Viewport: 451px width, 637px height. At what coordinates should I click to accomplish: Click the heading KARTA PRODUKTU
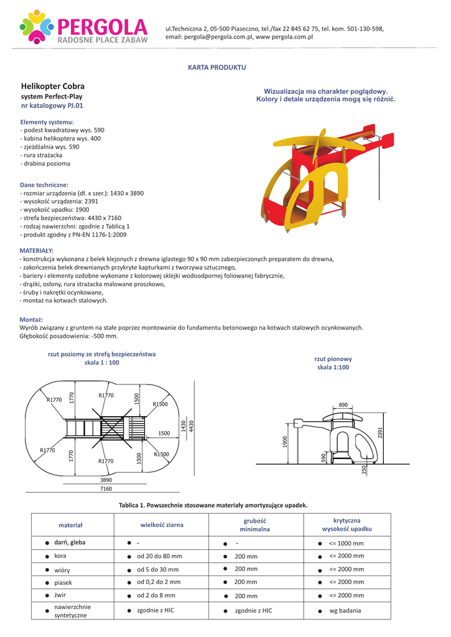pyautogui.click(x=217, y=67)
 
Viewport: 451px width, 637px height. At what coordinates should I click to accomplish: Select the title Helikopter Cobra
pyautogui.click(x=53, y=86)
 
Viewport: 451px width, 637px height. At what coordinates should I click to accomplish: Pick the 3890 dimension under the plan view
pyautogui.click(x=106, y=480)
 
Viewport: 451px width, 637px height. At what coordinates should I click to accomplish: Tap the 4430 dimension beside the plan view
pyautogui.click(x=192, y=426)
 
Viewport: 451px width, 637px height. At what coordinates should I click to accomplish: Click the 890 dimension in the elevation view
pyautogui.click(x=343, y=405)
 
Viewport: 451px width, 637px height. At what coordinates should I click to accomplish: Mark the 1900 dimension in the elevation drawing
pyautogui.click(x=286, y=442)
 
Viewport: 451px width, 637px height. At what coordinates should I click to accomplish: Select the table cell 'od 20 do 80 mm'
pyautogui.click(x=160, y=556)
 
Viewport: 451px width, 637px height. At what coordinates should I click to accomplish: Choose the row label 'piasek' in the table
pyautogui.click(x=63, y=583)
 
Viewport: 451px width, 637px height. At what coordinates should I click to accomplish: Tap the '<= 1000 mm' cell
pyautogui.click(x=346, y=542)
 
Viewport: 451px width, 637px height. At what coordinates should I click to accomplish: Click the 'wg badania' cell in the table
pyautogui.click(x=345, y=611)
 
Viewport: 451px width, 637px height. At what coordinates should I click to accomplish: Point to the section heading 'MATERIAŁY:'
pyautogui.click(x=37, y=251)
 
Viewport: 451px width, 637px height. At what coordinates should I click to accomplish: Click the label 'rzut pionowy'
pyautogui.click(x=333, y=359)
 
